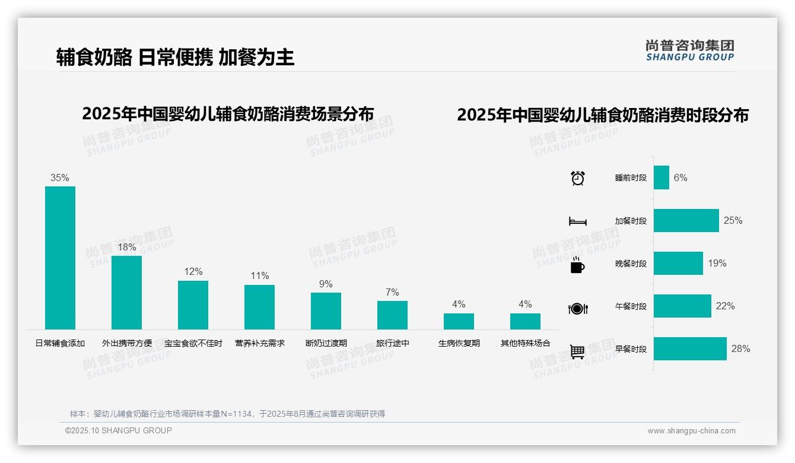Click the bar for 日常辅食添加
pyautogui.click(x=60, y=258)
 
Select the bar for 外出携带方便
pyautogui.click(x=126, y=292)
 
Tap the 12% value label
pyautogui.click(x=193, y=272)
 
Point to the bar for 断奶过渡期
pyautogui.click(x=326, y=310)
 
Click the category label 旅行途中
pyautogui.click(x=392, y=343)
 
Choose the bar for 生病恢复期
pyautogui.click(x=459, y=321)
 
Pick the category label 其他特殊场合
pyautogui.click(x=525, y=343)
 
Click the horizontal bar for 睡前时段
pyautogui.click(x=661, y=177)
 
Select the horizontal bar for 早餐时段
pyautogui.click(x=690, y=349)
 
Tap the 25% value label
pyautogui.click(x=733, y=221)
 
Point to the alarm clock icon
pyautogui.click(x=577, y=178)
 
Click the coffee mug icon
pyautogui.click(x=577, y=265)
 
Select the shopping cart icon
pyautogui.click(x=577, y=351)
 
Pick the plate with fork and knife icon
pyautogui.click(x=577, y=308)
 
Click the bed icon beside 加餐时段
pyautogui.click(x=577, y=221)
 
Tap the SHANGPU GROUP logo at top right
pyautogui.click(x=689, y=50)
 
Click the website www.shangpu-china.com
pyautogui.click(x=691, y=431)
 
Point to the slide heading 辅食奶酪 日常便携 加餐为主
pyautogui.click(x=175, y=57)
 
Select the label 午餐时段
pyautogui.click(x=631, y=307)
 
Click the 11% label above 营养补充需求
pyautogui.click(x=259, y=276)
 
